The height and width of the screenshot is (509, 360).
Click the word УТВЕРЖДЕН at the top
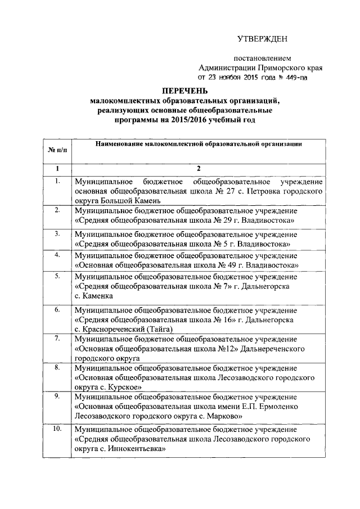tap(263, 39)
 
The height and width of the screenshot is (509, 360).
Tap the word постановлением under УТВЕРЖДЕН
tap(263, 58)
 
